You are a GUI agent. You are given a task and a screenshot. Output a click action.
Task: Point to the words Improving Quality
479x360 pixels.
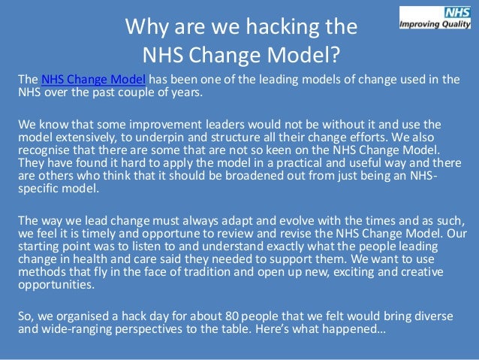click(436, 22)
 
